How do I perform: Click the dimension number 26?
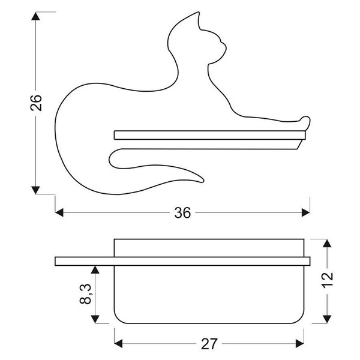[x=36, y=103]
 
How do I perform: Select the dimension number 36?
[x=182, y=213]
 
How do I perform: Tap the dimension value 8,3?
[x=86, y=294]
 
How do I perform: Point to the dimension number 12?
[x=327, y=279]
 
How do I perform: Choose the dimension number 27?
[x=209, y=344]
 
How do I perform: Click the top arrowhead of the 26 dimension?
[x=35, y=16]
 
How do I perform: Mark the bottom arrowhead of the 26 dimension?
[x=35, y=190]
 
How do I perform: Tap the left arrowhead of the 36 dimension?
[x=59, y=212]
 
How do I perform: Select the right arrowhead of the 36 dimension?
[x=305, y=212]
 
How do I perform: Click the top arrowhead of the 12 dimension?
[x=327, y=243]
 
